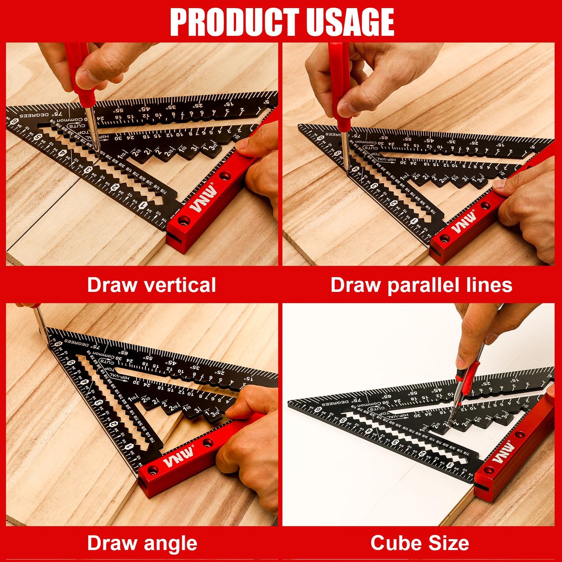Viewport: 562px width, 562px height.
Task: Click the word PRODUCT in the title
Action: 234,22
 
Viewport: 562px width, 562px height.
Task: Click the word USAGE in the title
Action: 350,22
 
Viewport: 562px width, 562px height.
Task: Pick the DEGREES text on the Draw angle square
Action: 76,342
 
